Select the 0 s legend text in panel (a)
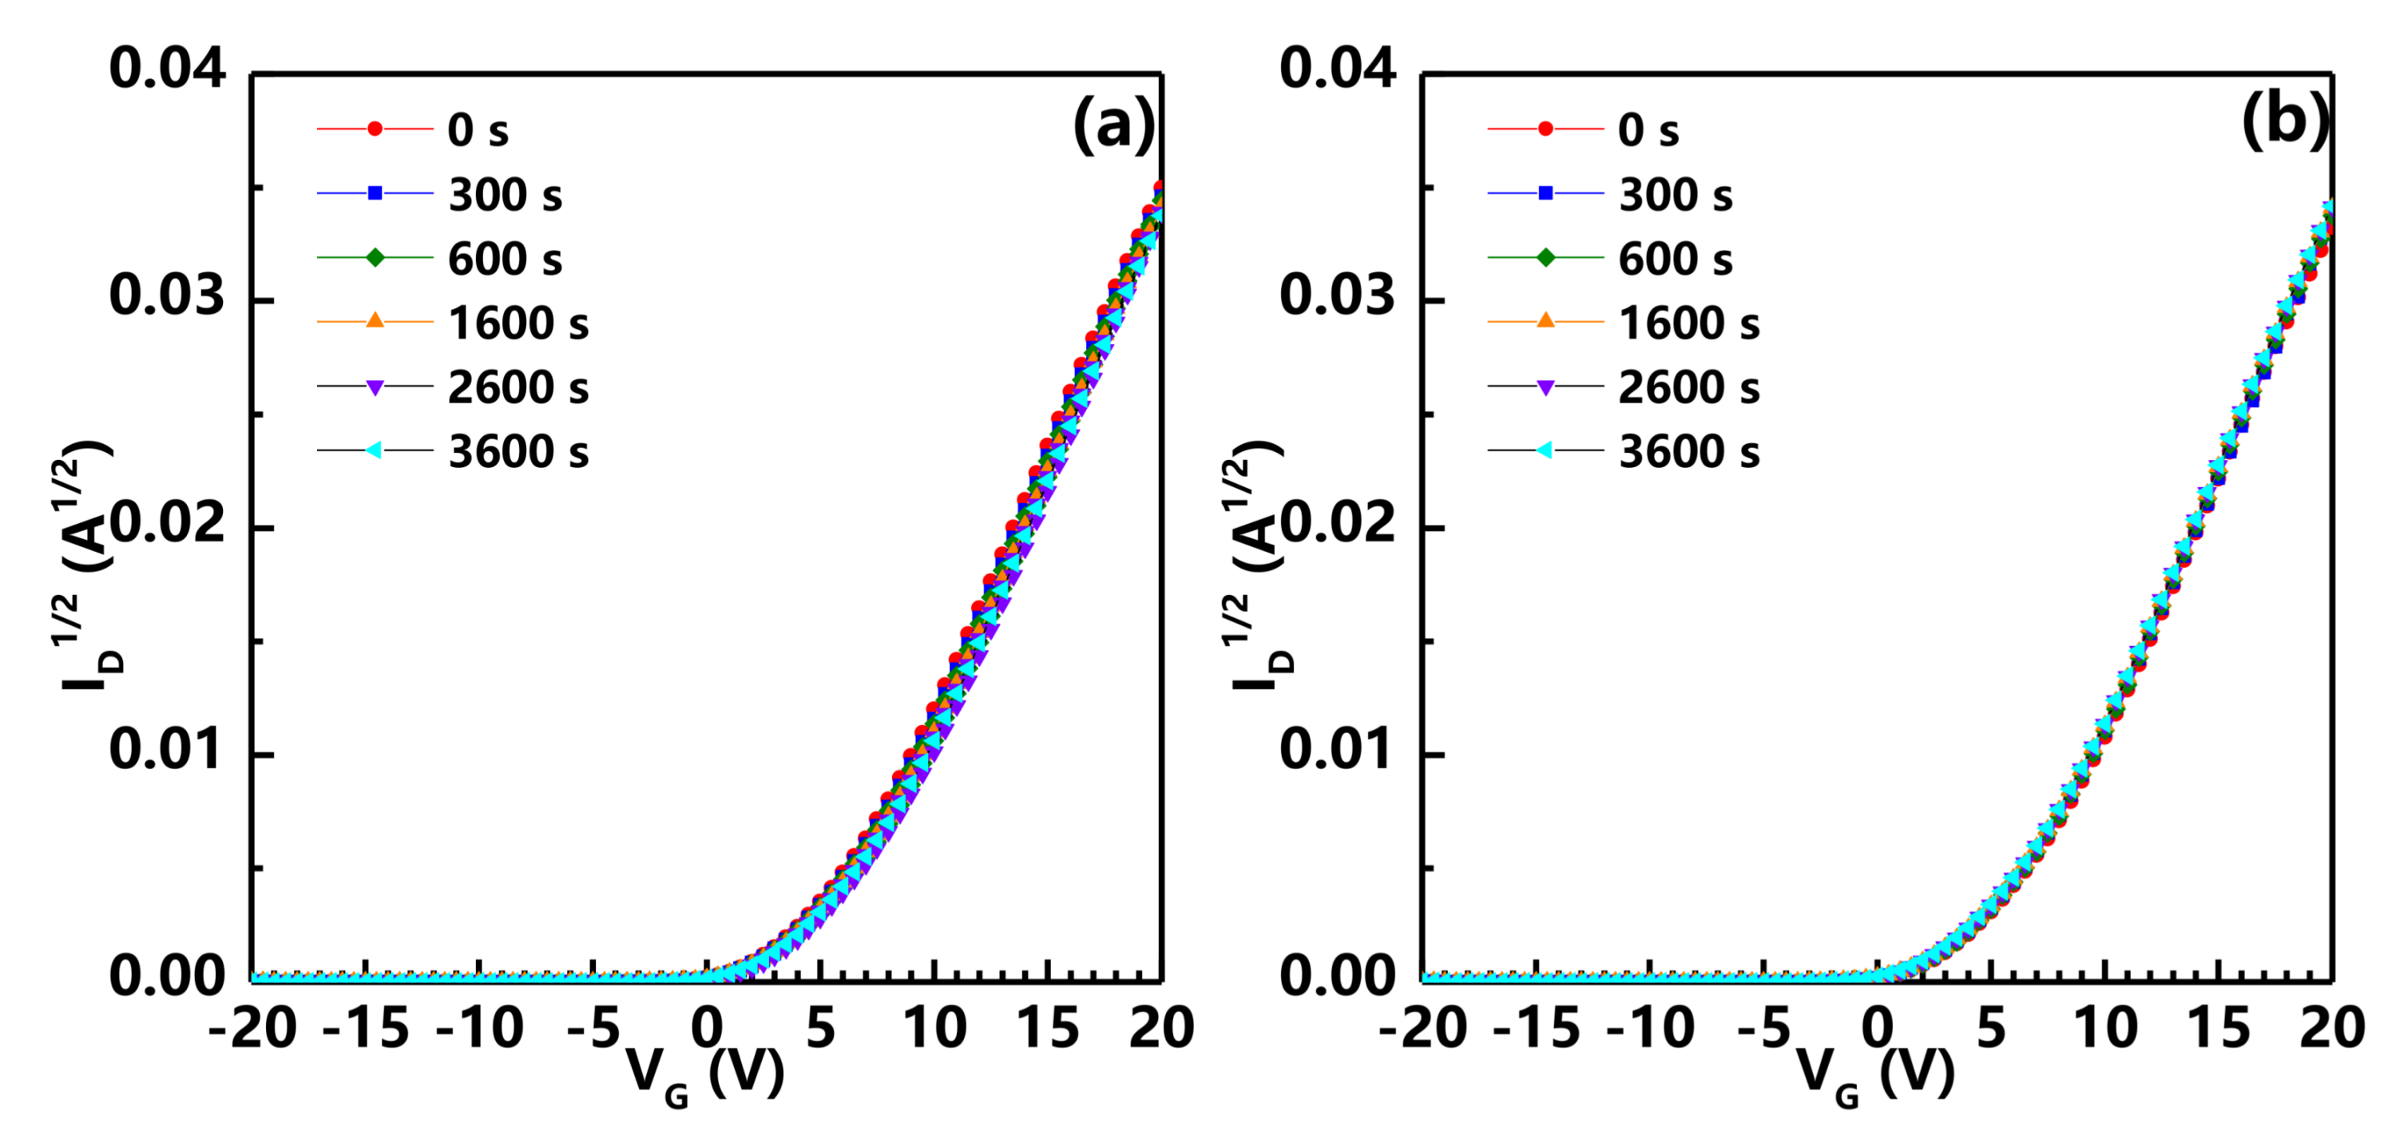point(478,130)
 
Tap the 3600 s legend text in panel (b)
point(1689,452)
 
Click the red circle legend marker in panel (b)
point(1545,129)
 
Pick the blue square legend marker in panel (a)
point(375,193)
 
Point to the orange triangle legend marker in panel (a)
point(375,321)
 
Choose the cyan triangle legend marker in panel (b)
point(1544,450)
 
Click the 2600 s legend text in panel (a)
point(518,388)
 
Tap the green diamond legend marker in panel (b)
point(1545,258)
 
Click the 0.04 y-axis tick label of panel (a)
point(168,69)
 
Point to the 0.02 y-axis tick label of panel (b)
point(1338,525)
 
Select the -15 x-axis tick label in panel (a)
point(366,1029)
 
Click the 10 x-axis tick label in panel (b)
point(2104,1029)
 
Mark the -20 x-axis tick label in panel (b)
point(1422,1029)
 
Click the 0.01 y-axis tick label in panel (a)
point(168,751)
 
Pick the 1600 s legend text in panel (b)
point(1689,323)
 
